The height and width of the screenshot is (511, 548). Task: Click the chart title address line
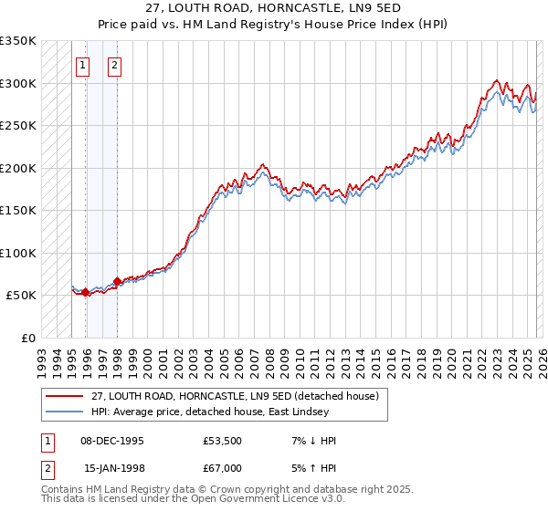point(274,7)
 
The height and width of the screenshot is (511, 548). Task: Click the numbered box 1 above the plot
point(83,65)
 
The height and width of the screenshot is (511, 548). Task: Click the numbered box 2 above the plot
point(115,65)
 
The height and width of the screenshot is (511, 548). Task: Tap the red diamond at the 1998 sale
point(117,282)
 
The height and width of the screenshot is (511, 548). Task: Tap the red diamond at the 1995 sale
point(85,293)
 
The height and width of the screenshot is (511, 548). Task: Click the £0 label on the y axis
point(28,338)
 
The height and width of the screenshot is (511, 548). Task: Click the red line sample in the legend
point(64,396)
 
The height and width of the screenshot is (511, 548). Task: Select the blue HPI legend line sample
point(64,412)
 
